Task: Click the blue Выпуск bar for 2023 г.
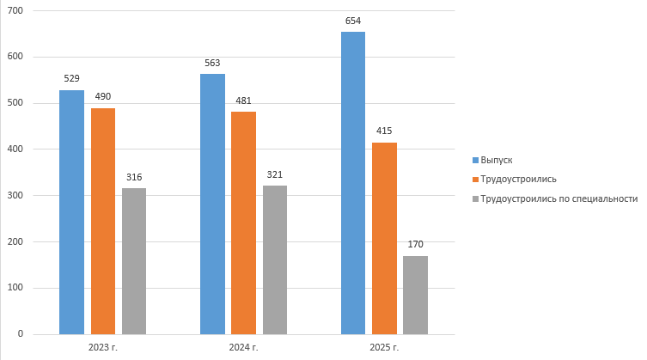[x=71, y=211]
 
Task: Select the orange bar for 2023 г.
[x=103, y=221]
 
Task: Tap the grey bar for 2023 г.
[x=134, y=261]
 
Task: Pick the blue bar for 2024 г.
[x=212, y=204]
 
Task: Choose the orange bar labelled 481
[x=243, y=223]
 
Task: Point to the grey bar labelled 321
[x=275, y=259]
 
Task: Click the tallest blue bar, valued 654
[x=353, y=183]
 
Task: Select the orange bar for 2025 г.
[x=384, y=238]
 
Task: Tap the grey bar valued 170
[x=415, y=295]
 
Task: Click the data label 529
[x=71, y=78]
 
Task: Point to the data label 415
[x=384, y=131]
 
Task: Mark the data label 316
[x=134, y=177]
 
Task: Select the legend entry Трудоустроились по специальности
[x=558, y=198]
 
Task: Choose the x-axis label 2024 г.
[x=243, y=347]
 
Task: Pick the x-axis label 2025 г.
[x=384, y=347]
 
